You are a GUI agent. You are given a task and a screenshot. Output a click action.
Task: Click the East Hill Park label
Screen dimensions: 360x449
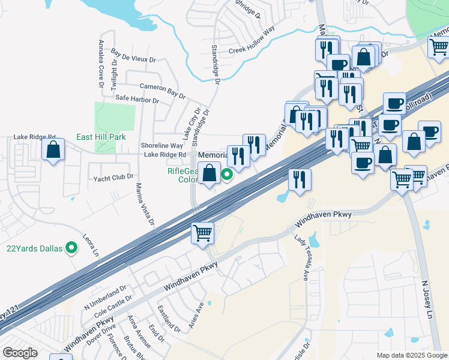101,137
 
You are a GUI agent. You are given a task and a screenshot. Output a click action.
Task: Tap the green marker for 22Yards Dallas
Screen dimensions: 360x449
72,247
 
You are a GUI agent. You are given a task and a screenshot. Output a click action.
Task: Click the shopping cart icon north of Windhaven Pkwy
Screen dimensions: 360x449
203,232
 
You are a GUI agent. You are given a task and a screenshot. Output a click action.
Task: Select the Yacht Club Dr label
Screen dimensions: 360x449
113,178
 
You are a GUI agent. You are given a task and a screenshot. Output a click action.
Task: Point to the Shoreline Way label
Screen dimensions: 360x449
161,145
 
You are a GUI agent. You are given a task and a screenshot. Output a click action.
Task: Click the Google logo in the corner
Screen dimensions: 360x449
20,352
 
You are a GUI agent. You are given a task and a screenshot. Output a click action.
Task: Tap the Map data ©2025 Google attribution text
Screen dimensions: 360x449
412,355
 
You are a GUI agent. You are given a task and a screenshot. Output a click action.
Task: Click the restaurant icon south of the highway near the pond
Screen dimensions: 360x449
299,179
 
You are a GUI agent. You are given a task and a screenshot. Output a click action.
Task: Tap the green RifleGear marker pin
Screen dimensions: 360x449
227,175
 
